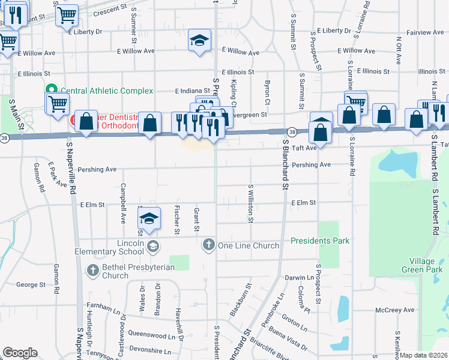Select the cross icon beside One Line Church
pyautogui.click(x=208, y=245)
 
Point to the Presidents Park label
pyautogui.click(x=320, y=241)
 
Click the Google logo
pyautogui.click(x=20, y=352)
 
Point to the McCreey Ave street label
pyautogui.click(x=395, y=310)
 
